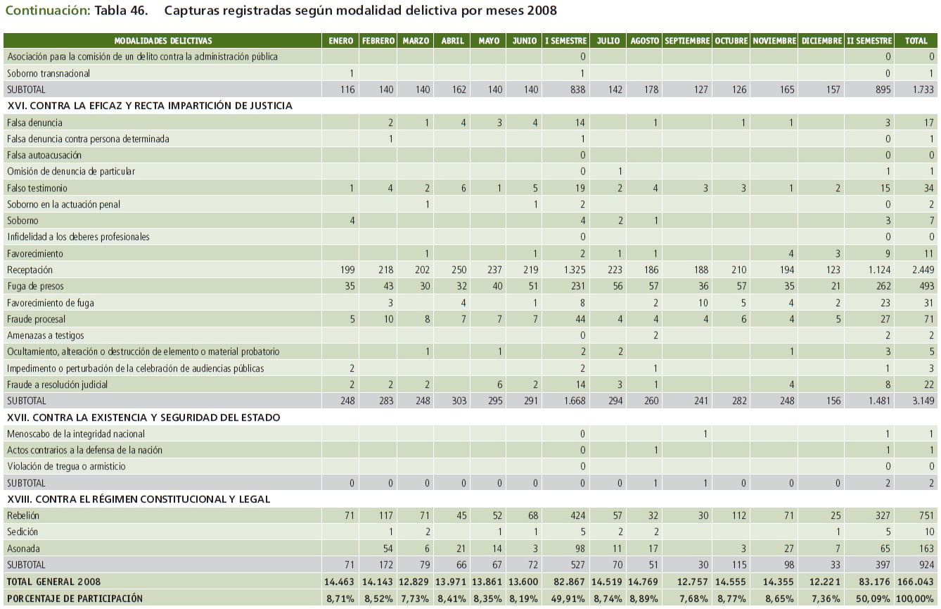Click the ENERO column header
tap(341, 41)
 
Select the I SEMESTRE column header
tap(566, 41)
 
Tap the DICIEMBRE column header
tap(821, 41)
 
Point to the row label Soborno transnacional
tap(49, 73)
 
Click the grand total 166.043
tap(917, 582)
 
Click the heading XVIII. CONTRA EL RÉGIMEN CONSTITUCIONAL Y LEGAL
tap(139, 499)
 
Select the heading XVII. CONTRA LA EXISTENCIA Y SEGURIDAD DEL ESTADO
tap(143, 417)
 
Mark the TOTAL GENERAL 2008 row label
tap(53, 582)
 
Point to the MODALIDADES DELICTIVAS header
tap(162, 41)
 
